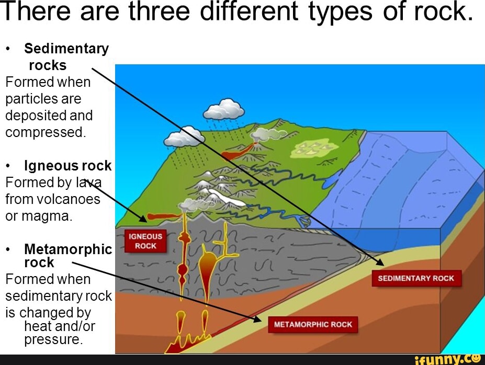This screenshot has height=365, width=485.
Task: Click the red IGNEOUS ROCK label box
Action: pyautogui.click(x=145, y=241)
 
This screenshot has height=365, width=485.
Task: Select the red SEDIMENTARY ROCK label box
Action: pyautogui.click(x=416, y=278)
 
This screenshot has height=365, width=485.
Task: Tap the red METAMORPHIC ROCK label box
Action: pyautogui.click(x=313, y=324)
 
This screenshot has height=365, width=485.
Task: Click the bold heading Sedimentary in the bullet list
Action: pyautogui.click(x=66, y=49)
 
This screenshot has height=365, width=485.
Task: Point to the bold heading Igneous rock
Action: pyautogui.click(x=68, y=166)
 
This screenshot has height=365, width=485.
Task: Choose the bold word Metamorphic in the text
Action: pyautogui.click(x=68, y=249)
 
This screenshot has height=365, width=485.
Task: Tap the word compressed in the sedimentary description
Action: pyautogui.click(x=45, y=132)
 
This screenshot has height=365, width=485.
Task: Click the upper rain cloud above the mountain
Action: pyautogui.click(x=224, y=109)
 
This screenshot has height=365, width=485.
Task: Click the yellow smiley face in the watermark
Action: pyautogui.click(x=476, y=358)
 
